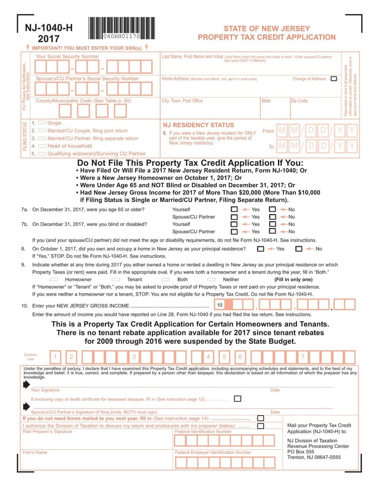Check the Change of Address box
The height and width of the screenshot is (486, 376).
click(x=334, y=79)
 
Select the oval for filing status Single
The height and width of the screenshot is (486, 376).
click(x=41, y=123)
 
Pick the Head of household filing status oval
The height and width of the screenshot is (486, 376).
click(x=41, y=146)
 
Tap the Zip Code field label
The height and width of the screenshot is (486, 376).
click(x=299, y=101)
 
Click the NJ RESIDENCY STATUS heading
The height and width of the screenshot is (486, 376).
click(x=198, y=125)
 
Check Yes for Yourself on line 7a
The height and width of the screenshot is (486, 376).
click(x=234, y=209)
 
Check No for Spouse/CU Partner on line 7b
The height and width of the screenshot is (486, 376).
click(x=272, y=231)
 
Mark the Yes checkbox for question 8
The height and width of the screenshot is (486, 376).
click(x=260, y=249)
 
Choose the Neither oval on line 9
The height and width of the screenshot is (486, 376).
click(x=211, y=279)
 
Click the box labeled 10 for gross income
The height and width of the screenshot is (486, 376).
click(x=220, y=305)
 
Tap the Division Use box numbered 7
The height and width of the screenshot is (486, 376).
click(x=303, y=357)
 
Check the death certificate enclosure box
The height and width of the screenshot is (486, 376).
click(x=237, y=399)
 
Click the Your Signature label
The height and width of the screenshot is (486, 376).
click(x=45, y=390)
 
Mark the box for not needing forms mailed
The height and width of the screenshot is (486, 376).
click(x=260, y=418)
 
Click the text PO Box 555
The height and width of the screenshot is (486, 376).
click(x=301, y=452)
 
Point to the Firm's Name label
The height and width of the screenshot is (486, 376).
click(x=35, y=453)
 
